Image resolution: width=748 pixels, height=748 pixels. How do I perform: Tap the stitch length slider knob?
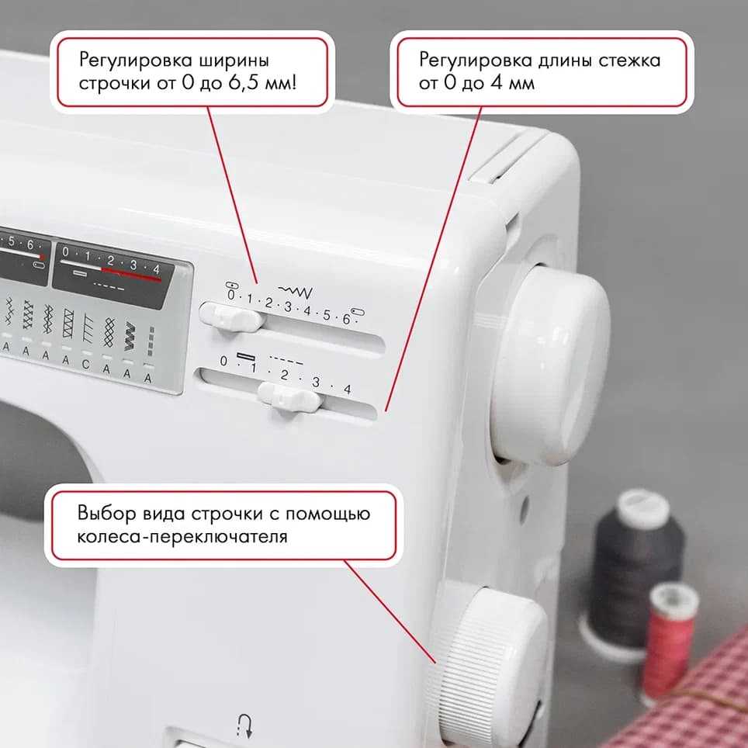289,397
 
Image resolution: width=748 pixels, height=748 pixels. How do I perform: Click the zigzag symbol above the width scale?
296,292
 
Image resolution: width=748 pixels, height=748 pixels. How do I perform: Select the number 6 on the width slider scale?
346,318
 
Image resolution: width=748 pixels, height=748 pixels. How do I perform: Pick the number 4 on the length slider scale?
347,389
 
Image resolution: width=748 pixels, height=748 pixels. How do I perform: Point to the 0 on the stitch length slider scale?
223,361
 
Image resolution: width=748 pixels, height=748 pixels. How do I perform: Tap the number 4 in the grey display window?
156,268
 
